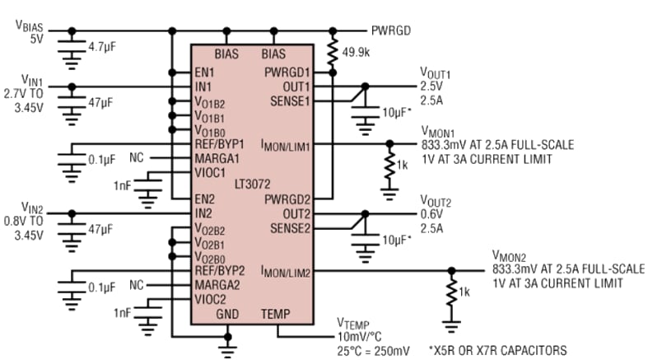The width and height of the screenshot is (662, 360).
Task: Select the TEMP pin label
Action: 276,314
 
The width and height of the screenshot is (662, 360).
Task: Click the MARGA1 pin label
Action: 217,157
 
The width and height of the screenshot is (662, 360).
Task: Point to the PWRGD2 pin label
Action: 289,199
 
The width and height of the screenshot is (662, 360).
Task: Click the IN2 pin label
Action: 203,213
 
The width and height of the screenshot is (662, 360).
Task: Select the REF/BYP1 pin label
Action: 219,143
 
